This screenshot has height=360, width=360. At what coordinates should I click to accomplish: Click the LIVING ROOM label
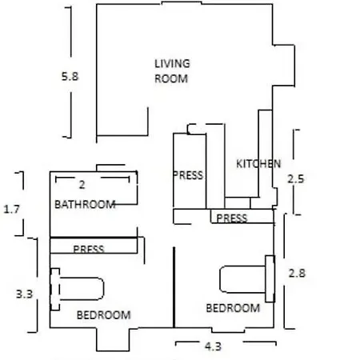coord(172,71)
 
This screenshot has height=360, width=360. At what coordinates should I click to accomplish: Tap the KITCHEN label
coord(258,164)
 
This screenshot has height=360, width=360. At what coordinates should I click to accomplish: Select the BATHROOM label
coord(85,205)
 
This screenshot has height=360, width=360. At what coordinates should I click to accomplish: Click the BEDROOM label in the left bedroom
coord(104,315)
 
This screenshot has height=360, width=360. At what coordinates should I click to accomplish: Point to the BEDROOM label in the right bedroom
coord(233,308)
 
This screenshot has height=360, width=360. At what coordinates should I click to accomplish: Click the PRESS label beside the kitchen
coord(188,175)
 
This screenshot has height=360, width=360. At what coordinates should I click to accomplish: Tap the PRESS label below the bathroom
coord(89,249)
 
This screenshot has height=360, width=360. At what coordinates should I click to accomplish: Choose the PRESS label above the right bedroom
coord(232,218)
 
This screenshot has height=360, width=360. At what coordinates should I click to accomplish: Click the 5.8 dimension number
coord(70,77)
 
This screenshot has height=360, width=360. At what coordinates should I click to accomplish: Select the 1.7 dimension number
coord(12,210)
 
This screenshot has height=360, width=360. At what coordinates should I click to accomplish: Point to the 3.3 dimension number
coord(24,294)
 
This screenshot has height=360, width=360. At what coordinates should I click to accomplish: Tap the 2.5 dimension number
coord(296,179)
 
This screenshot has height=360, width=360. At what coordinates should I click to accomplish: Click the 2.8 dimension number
coord(297,274)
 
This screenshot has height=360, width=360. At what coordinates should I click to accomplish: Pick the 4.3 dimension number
coord(213,346)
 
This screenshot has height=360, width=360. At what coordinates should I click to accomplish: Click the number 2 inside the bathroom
coord(82,185)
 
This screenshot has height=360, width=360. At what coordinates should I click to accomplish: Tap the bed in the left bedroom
coord(78,289)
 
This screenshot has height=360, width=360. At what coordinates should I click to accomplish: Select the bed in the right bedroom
coord(247,279)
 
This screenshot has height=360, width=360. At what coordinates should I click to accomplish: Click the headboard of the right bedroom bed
coord(270,279)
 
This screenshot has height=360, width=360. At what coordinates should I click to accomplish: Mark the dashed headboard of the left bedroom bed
coord(55,290)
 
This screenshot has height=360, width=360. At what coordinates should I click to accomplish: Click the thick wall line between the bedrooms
coord(174,287)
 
